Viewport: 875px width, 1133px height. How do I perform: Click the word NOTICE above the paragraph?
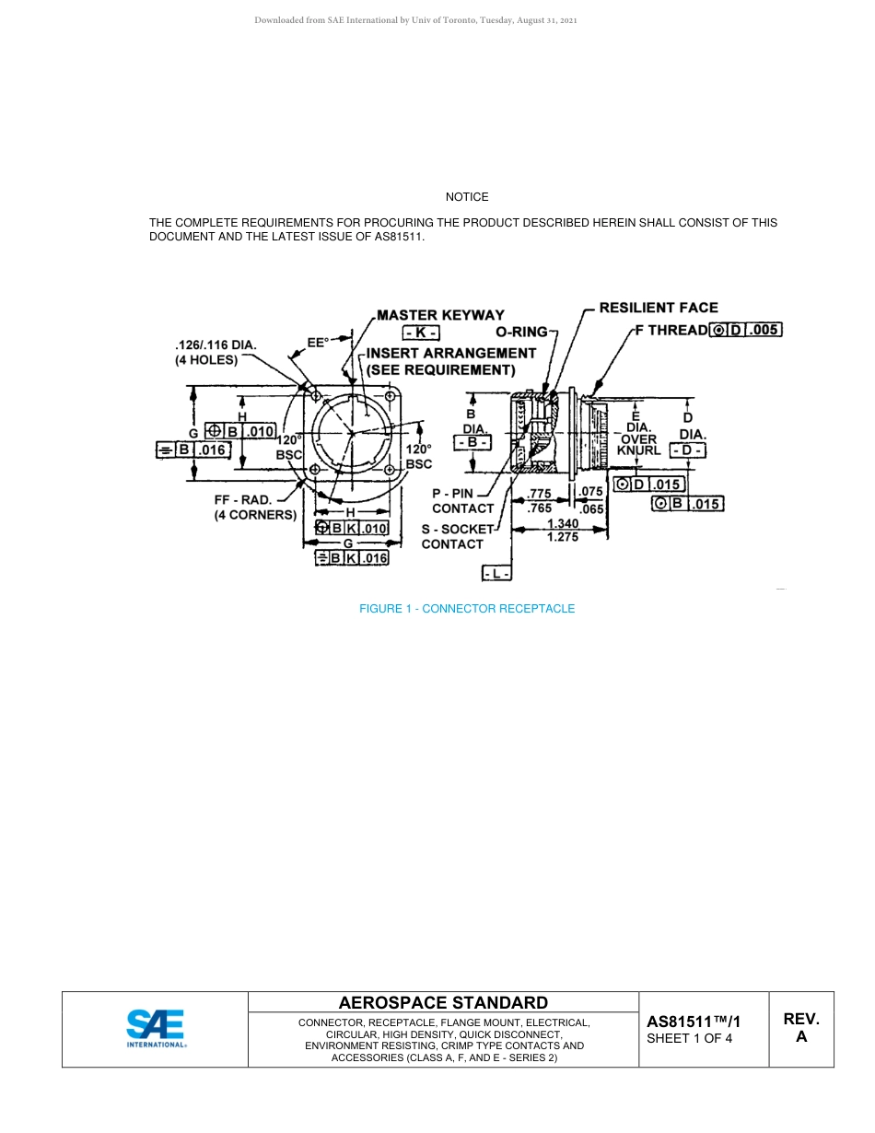[467, 197]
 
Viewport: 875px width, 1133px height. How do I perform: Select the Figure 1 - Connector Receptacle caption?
[467, 609]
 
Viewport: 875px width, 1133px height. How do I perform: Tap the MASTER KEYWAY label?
[441, 315]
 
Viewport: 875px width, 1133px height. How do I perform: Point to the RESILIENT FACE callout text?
[659, 308]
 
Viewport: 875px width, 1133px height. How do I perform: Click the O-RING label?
[521, 332]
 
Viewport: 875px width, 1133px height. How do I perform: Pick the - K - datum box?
[422, 333]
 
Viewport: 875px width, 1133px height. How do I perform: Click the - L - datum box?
[497, 574]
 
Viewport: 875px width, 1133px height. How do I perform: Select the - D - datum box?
[687, 450]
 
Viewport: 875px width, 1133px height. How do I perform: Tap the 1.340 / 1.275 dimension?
[562, 531]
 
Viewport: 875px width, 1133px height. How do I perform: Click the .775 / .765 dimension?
[539, 501]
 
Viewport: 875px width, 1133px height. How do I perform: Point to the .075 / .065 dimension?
[590, 500]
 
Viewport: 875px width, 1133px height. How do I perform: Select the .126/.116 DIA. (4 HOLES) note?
[216, 353]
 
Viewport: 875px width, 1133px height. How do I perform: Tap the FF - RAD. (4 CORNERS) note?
[254, 508]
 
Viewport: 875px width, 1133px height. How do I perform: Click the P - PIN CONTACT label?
[462, 501]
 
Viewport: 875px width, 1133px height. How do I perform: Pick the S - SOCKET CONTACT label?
[457, 537]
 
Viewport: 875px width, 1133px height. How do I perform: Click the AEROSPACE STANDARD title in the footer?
[443, 1003]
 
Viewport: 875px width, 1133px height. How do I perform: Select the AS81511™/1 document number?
[694, 1022]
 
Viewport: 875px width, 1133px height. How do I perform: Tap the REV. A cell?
[801, 1028]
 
